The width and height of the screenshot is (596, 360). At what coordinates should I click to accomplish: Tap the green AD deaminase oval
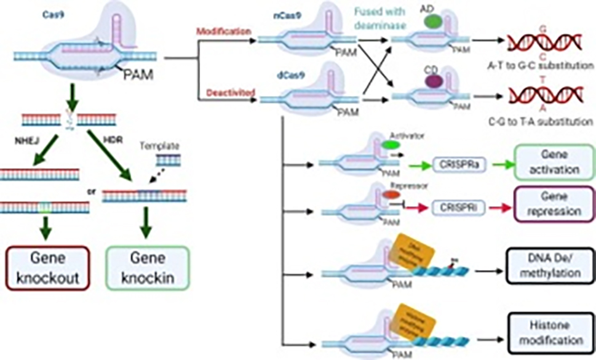(x=433, y=22)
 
